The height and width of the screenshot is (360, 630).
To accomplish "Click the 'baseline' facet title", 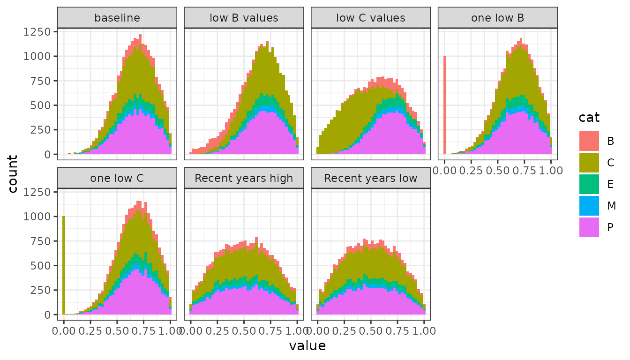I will pos(117,18).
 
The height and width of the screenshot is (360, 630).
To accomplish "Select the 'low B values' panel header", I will pos(244,18).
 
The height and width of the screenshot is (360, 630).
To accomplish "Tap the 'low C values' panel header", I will pos(371,18).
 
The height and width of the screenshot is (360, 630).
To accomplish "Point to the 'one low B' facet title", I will pos(498,18).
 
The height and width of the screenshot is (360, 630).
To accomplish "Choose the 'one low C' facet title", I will pos(117,178).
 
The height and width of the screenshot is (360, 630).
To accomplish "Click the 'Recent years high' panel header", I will pos(244,178).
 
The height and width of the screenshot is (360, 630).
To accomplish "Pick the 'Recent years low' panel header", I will pos(371,178).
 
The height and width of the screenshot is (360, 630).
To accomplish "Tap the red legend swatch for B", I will pos(589,141).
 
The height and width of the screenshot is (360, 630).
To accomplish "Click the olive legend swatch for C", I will pos(589,162).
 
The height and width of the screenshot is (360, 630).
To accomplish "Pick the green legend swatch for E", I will pos(589,184).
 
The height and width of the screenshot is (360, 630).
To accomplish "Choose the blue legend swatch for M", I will pos(589,205).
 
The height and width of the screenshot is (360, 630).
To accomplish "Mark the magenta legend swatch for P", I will pos(589,227).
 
